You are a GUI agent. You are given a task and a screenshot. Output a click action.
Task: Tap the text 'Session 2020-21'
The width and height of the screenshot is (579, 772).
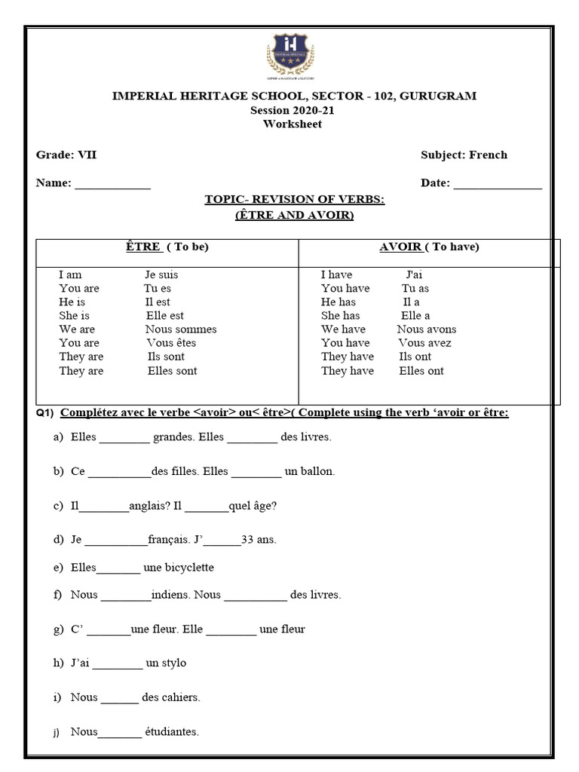coord(292,110)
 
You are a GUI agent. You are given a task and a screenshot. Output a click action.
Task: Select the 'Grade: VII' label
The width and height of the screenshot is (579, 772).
coord(66,155)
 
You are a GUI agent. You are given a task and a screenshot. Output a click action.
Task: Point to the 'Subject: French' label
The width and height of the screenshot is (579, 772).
coord(464,155)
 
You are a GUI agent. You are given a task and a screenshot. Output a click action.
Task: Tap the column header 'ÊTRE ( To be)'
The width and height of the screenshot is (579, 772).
coord(167,247)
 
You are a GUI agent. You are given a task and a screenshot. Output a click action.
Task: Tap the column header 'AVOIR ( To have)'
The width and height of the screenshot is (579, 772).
coord(429,247)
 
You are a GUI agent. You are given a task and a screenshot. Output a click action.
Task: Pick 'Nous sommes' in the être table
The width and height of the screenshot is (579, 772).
coord(181,329)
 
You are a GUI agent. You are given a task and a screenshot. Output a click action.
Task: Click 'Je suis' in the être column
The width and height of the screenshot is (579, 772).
coord(161,275)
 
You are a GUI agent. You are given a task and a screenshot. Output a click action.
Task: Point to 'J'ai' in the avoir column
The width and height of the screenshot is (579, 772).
coord(414,275)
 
